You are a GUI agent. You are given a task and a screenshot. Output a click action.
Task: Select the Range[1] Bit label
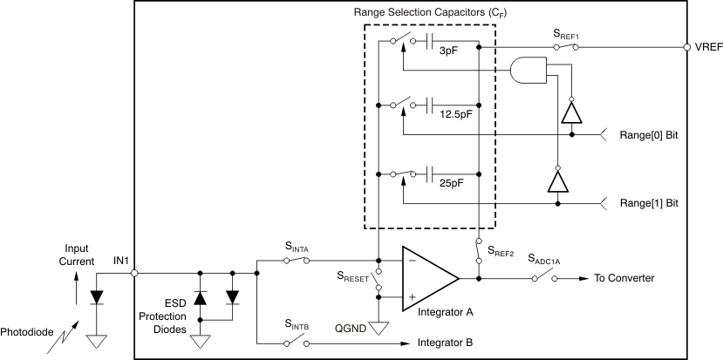[x=647, y=202]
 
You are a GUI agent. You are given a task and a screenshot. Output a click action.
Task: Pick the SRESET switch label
[x=353, y=277]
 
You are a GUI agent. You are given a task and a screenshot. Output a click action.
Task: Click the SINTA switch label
[x=297, y=248]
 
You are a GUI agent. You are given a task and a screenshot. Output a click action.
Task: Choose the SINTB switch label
[x=297, y=324]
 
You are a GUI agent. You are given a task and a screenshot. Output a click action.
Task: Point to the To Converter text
[x=624, y=278]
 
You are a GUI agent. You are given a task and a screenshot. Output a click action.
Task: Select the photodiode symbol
[x=97, y=296]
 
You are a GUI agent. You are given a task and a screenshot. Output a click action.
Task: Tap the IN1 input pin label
[x=121, y=260]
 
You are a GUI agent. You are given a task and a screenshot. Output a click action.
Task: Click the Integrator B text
[x=451, y=342]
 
